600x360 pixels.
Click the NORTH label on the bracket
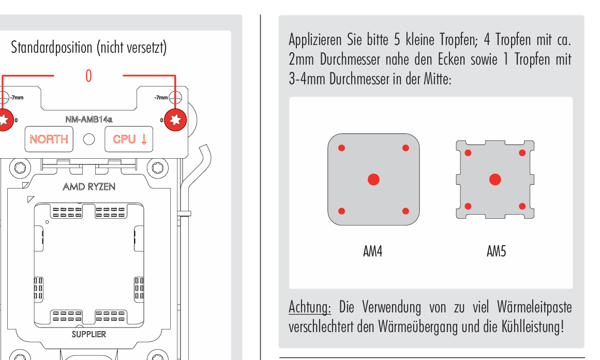(x=49, y=139)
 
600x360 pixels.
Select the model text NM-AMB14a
(x=89, y=119)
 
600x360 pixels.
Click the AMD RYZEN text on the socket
(x=89, y=187)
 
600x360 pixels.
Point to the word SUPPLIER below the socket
(x=89, y=334)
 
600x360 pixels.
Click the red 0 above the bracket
(x=88, y=76)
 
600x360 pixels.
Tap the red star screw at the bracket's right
(x=175, y=120)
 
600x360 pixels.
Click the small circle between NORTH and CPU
(x=89, y=139)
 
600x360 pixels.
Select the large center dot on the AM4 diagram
(x=373, y=179)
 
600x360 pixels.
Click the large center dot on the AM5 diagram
(x=495, y=179)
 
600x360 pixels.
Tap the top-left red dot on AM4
(x=342, y=148)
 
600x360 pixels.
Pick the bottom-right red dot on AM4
(x=406, y=211)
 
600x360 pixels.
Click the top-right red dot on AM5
(x=522, y=153)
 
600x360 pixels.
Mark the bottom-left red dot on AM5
(x=468, y=206)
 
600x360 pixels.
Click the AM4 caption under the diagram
(x=373, y=251)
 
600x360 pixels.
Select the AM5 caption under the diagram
(x=497, y=251)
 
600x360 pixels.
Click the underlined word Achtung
(x=309, y=307)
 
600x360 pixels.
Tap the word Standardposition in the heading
(x=52, y=48)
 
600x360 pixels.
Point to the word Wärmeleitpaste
(x=534, y=307)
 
